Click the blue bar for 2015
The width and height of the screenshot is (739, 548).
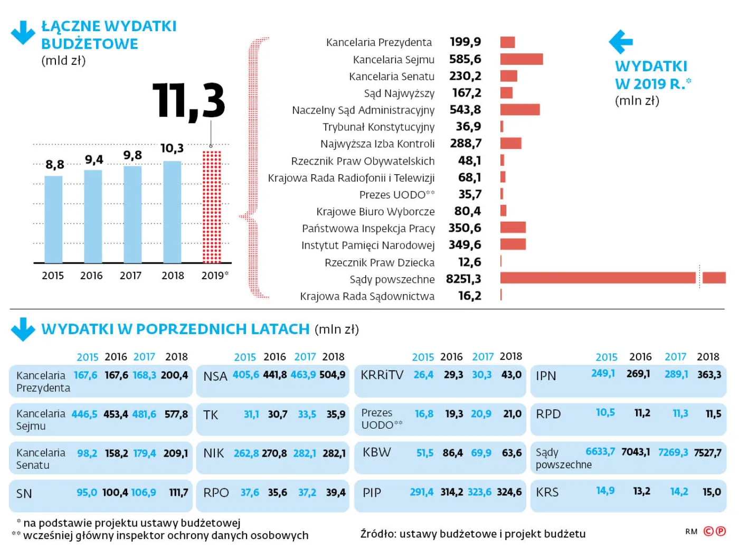(53, 219)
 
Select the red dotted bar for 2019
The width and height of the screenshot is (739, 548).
(212, 207)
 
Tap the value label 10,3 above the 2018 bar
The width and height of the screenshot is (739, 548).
(172, 148)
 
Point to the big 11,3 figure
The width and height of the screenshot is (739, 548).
(189, 100)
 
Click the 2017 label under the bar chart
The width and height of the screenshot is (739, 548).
(130, 276)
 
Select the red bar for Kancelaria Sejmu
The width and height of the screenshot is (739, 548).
(522, 59)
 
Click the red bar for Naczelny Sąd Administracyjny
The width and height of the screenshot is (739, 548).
(520, 110)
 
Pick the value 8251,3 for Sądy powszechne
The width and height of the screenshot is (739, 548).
(463, 279)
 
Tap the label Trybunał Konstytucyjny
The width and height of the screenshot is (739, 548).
(378, 127)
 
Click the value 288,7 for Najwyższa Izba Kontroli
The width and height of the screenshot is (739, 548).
(466, 144)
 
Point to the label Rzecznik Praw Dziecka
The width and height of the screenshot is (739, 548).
(380, 263)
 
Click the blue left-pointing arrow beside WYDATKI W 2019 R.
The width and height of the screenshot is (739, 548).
(621, 42)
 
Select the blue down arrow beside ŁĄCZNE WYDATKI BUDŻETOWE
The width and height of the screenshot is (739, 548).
(23, 33)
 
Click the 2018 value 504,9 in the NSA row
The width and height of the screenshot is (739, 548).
(333, 375)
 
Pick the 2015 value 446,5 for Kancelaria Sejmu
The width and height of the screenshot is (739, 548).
(84, 414)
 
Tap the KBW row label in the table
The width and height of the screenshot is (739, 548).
(377, 452)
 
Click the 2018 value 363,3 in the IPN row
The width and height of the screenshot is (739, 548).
(709, 375)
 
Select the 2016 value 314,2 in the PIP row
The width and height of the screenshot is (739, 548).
(452, 492)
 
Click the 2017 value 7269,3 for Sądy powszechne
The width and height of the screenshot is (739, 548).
(673, 452)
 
